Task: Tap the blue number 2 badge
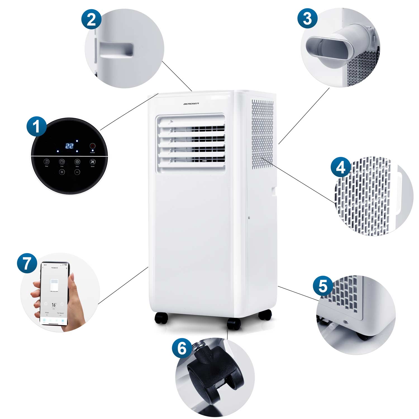[91, 20]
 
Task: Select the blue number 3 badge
[307, 18]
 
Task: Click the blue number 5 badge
[323, 286]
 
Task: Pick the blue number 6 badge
[182, 348]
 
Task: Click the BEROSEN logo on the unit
[191, 104]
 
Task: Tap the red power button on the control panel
[92, 146]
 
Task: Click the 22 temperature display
[69, 146]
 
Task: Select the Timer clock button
[62, 162]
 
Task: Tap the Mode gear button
[77, 162]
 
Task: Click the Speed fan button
[92, 162]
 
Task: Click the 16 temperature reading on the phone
[53, 305]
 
